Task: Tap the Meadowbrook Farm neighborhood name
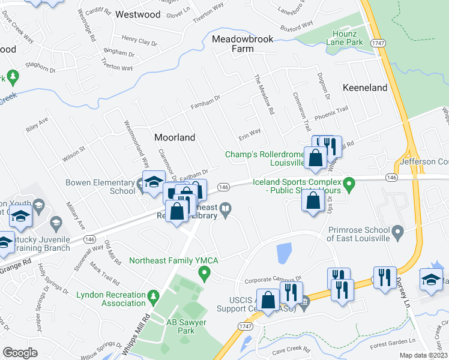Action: point(243,44)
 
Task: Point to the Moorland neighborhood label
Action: point(175,137)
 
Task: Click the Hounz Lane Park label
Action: point(345,38)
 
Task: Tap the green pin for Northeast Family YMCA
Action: point(204,274)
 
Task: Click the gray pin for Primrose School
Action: point(397,232)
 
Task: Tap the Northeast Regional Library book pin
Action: point(225,209)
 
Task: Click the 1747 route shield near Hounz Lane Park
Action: point(377,43)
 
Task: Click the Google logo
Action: point(20,353)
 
